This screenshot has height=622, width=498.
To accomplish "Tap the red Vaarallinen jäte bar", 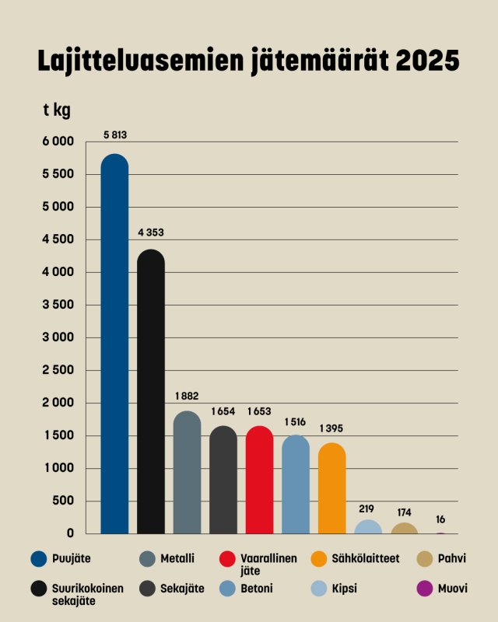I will tap(260, 478).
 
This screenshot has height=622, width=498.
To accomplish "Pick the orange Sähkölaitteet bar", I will tap(332, 487).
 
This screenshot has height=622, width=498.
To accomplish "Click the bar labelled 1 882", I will tap(187, 471).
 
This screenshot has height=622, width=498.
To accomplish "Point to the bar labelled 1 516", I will tap(296, 483).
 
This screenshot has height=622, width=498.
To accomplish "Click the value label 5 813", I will tap(114, 135).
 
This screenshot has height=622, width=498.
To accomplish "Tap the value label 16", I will tap(441, 519).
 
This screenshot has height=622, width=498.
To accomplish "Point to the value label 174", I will tap(405, 513).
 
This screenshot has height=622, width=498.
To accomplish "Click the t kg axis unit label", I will tap(56, 110).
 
